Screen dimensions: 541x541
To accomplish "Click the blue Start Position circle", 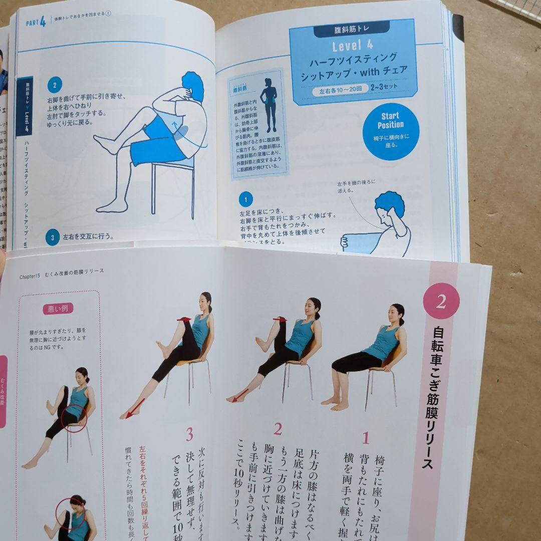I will [x=390, y=131].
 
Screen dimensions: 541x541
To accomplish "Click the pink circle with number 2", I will [x=441, y=301].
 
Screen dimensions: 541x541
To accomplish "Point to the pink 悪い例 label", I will [x=58, y=308].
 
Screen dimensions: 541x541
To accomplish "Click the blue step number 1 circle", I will [x=245, y=200].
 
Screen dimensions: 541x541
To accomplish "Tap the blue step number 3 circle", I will [x=52, y=236].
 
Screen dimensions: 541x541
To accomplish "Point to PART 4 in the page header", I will [x=36, y=23].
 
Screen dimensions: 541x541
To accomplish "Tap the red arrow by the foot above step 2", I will [x=239, y=396].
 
